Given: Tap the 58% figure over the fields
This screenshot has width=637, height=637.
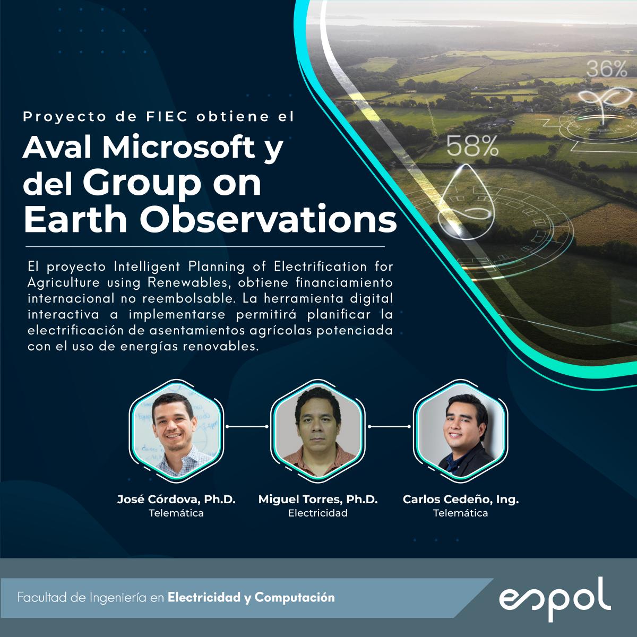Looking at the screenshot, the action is [x=472, y=146].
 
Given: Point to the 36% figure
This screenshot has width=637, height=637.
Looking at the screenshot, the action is [x=607, y=69].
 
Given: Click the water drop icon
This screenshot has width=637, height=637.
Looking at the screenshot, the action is [x=467, y=199].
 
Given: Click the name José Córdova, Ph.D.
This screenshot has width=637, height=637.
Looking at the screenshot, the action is [x=176, y=499].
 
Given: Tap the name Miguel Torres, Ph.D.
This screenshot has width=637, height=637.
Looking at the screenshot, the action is [x=317, y=499].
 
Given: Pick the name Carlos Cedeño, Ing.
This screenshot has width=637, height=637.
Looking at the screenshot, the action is [x=460, y=500].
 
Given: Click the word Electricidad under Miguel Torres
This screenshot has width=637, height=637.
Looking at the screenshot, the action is [x=317, y=513].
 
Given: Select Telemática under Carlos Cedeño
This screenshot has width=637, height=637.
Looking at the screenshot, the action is [x=460, y=513].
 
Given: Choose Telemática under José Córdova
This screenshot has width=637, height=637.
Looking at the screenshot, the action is [x=176, y=513].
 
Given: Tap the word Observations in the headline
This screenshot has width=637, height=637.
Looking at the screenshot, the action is [x=268, y=219].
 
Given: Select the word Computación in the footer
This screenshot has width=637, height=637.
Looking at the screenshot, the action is [x=295, y=598].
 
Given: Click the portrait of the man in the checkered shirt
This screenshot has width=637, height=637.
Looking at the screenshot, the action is [x=176, y=430].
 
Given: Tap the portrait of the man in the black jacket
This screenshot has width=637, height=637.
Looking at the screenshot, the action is [x=460, y=430].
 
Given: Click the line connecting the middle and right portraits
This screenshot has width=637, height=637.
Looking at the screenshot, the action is [x=390, y=427].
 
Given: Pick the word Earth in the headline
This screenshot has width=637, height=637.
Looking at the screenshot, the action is [x=75, y=219].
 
